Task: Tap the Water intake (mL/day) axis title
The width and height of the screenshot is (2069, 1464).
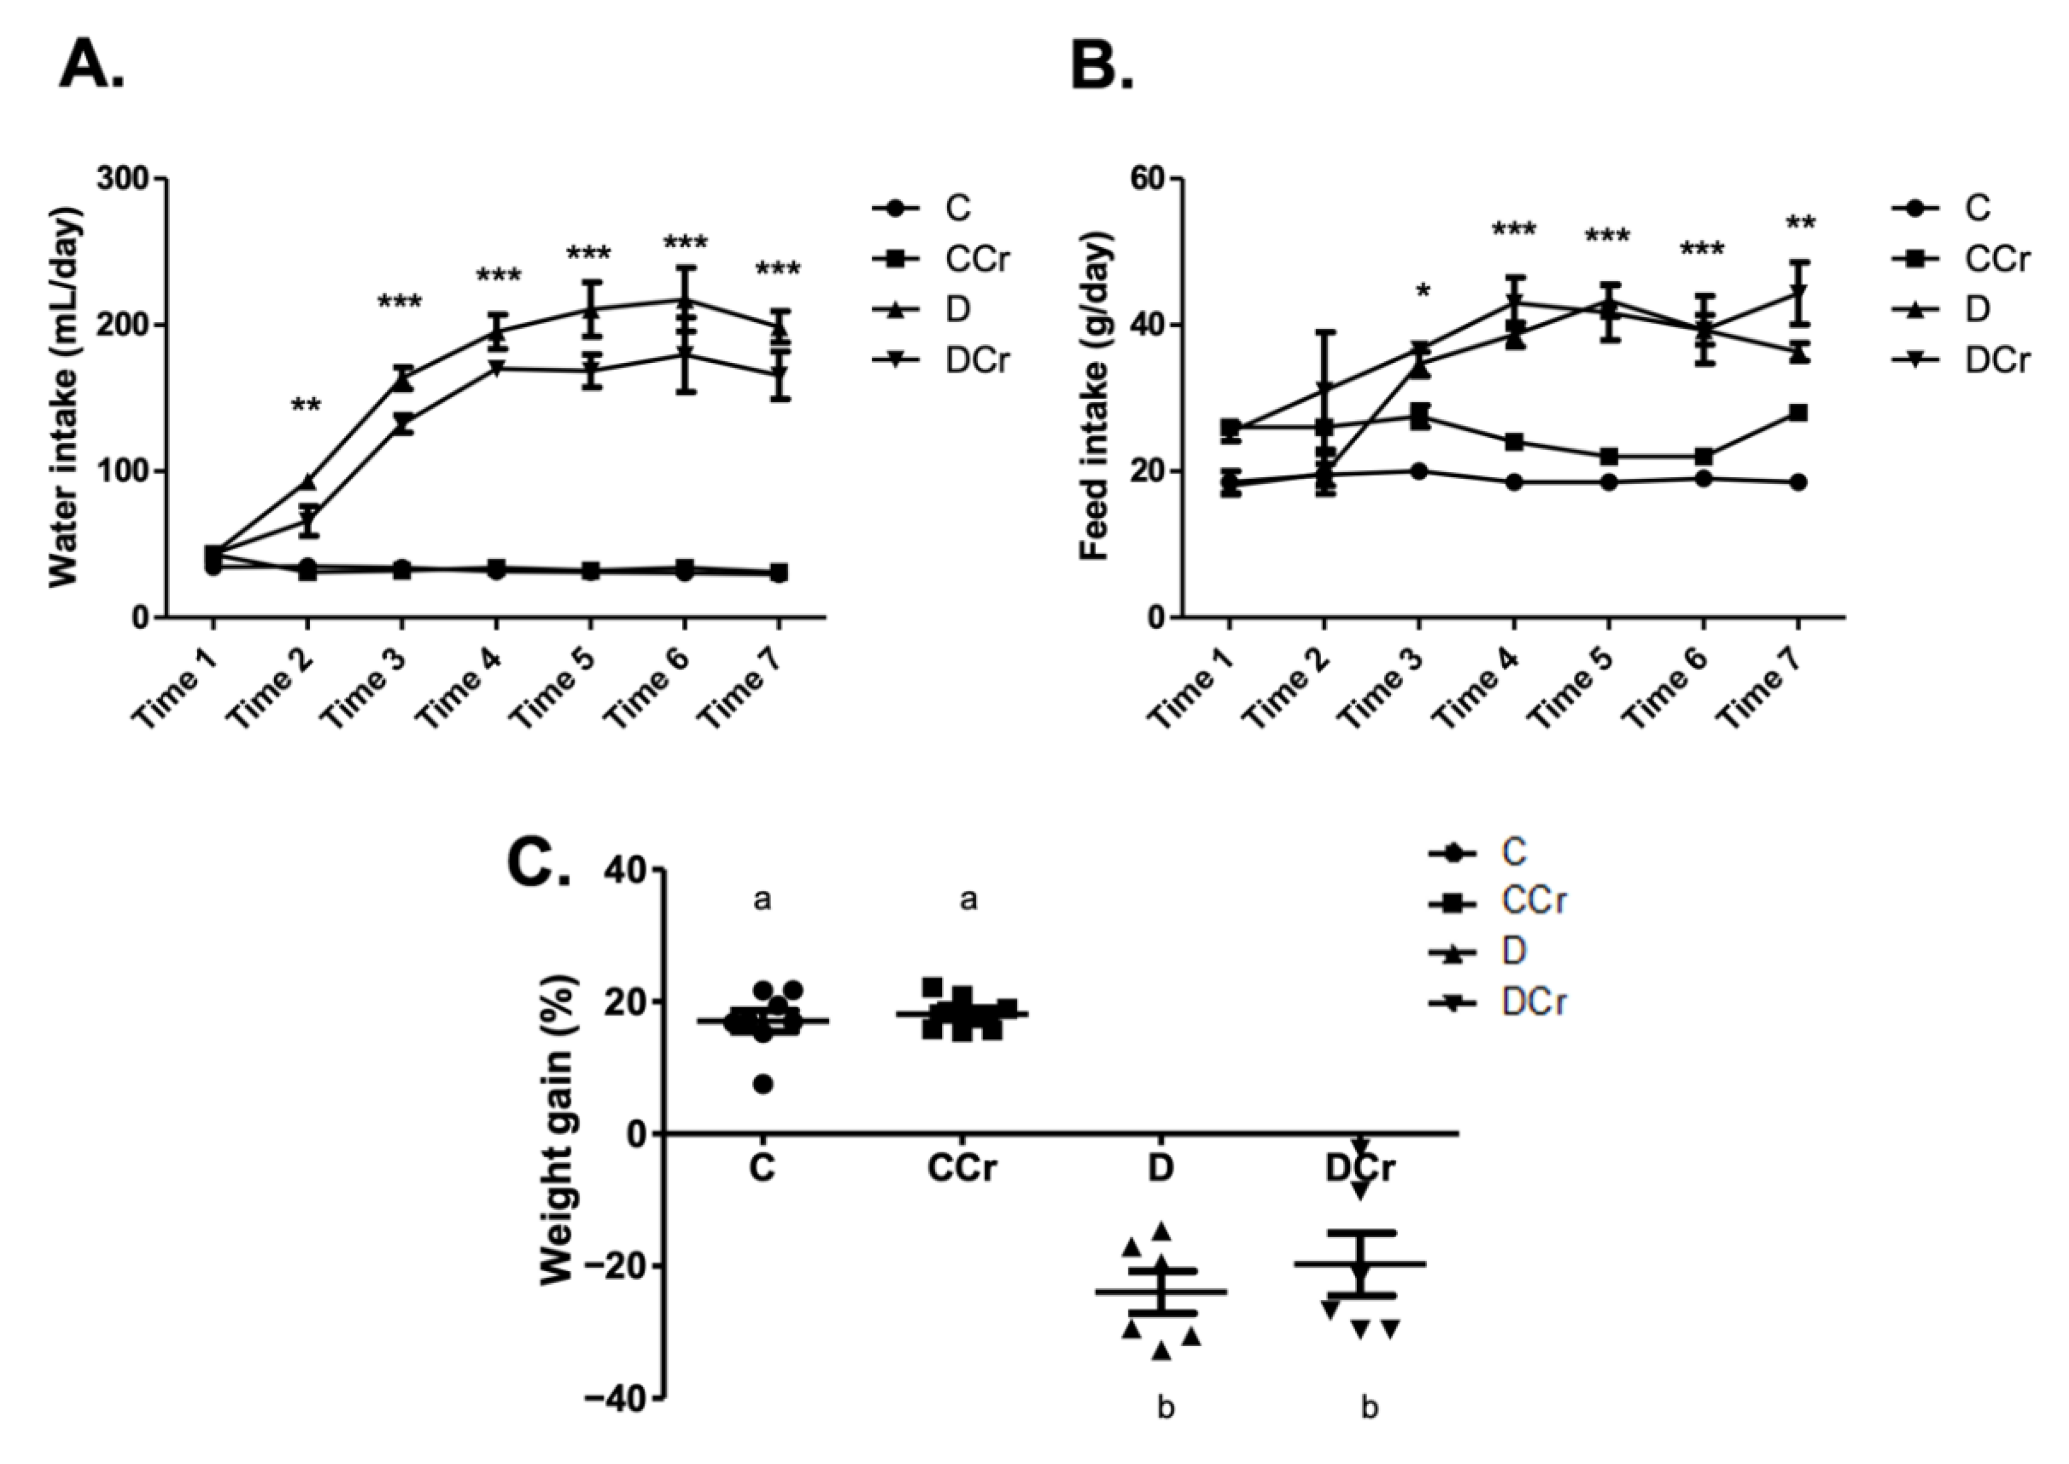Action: [66, 397]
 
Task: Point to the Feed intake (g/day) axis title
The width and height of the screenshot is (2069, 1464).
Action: [1094, 397]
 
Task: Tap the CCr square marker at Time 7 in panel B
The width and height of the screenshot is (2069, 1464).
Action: [1797, 413]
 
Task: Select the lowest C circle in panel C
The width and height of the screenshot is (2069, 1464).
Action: [764, 1085]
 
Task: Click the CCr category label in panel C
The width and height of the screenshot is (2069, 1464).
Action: [963, 1169]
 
